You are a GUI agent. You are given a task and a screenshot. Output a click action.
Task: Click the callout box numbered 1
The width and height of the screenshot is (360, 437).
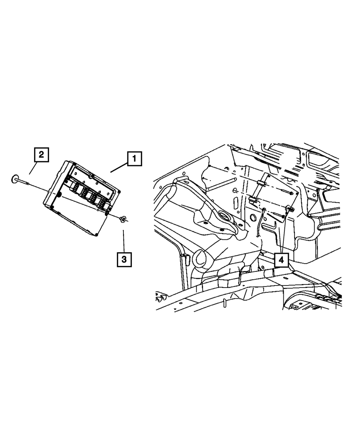134,159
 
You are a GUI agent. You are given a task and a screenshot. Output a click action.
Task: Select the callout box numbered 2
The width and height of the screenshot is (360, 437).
41,155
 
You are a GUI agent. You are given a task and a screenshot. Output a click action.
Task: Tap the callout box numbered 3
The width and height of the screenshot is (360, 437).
124,259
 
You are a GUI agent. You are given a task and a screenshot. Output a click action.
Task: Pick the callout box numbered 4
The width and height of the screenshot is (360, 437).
282,259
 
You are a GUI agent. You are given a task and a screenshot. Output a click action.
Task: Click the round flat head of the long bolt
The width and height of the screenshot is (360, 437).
14,178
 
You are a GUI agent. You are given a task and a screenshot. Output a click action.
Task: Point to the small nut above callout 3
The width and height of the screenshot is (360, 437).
123,218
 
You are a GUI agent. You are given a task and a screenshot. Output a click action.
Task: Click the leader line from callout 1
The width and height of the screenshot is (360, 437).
119,168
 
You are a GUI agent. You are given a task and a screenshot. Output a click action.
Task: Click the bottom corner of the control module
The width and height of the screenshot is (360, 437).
96,235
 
